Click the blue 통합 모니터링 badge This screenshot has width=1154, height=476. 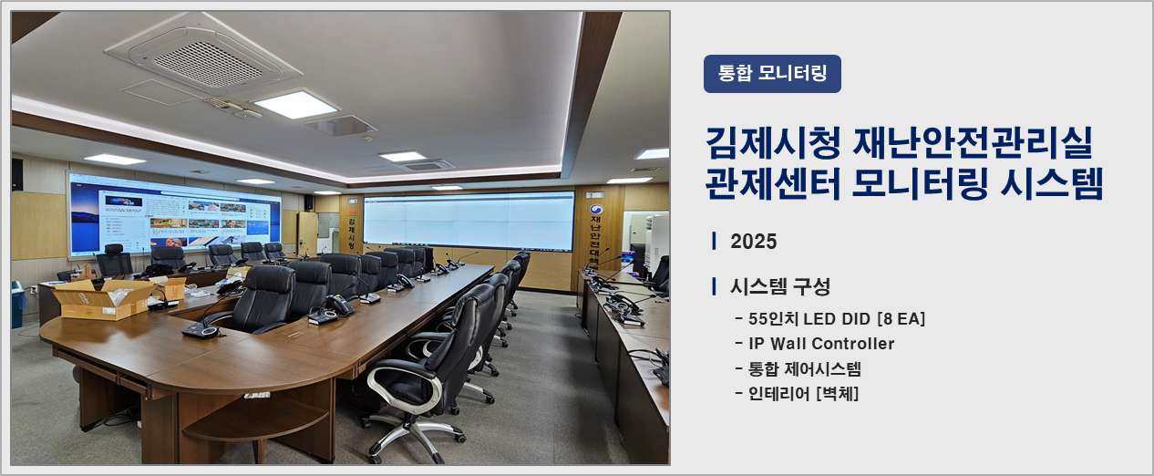pyautogui.click(x=772, y=74)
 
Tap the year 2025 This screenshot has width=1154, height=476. pyautogui.click(x=753, y=241)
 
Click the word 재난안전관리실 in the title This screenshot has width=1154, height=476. pyautogui.click(x=973, y=142)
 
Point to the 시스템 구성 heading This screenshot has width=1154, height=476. pyautogui.click(x=780, y=287)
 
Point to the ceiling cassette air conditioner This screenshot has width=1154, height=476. pyautogui.click(x=203, y=57)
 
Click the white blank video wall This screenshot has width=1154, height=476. pyautogui.click(x=469, y=221)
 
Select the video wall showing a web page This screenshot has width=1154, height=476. pyautogui.click(x=175, y=213)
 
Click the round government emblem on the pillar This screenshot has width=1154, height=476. pyautogui.click(x=596, y=210)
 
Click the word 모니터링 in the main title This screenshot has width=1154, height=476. pyautogui.click(x=919, y=183)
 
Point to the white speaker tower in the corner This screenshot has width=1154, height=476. pyautogui.click(x=656, y=243)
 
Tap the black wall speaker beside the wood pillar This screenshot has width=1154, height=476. pyautogui.click(x=309, y=202)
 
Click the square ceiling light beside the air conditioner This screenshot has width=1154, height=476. pyautogui.click(x=295, y=105)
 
